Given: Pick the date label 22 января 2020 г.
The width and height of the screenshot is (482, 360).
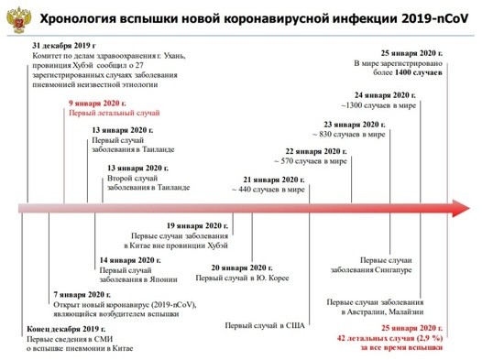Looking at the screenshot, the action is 315,151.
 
